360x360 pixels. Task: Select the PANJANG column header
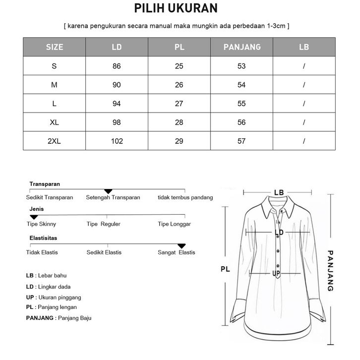(241, 47)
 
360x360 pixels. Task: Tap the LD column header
(117, 47)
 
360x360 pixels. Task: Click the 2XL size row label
(54, 141)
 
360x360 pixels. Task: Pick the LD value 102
(117, 141)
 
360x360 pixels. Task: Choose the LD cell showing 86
(117, 66)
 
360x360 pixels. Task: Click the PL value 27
(179, 104)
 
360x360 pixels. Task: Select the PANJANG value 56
(241, 122)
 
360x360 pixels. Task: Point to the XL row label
(54, 122)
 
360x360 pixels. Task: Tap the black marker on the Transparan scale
(108, 191)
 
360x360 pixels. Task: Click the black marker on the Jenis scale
(34, 217)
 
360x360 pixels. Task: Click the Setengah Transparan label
(113, 197)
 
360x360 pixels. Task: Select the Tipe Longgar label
(174, 224)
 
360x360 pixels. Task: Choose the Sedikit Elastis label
(104, 252)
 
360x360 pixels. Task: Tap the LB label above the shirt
(279, 192)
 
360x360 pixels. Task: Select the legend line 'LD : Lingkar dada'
(48, 287)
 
